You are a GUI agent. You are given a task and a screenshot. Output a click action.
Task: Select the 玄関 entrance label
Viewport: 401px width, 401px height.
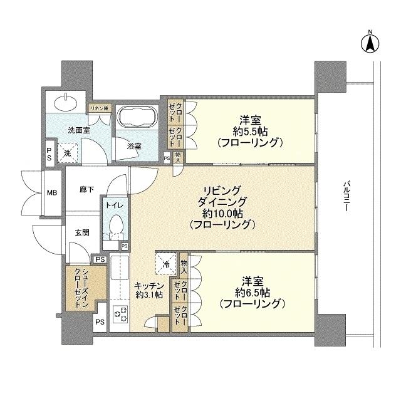pyautogui.click(x=82, y=232)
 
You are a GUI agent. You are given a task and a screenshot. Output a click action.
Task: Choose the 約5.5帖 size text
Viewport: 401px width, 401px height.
pyautogui.click(x=251, y=130)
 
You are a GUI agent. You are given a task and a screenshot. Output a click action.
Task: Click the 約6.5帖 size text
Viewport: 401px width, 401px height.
pyautogui.click(x=253, y=292)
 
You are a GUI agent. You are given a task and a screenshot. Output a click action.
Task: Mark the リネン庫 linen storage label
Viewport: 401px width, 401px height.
pyautogui.click(x=99, y=108)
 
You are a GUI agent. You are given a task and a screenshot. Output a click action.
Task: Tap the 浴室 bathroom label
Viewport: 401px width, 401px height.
pyautogui.click(x=134, y=146)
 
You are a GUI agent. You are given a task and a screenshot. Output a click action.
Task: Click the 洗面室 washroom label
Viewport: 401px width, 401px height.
pyautogui.click(x=79, y=130)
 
